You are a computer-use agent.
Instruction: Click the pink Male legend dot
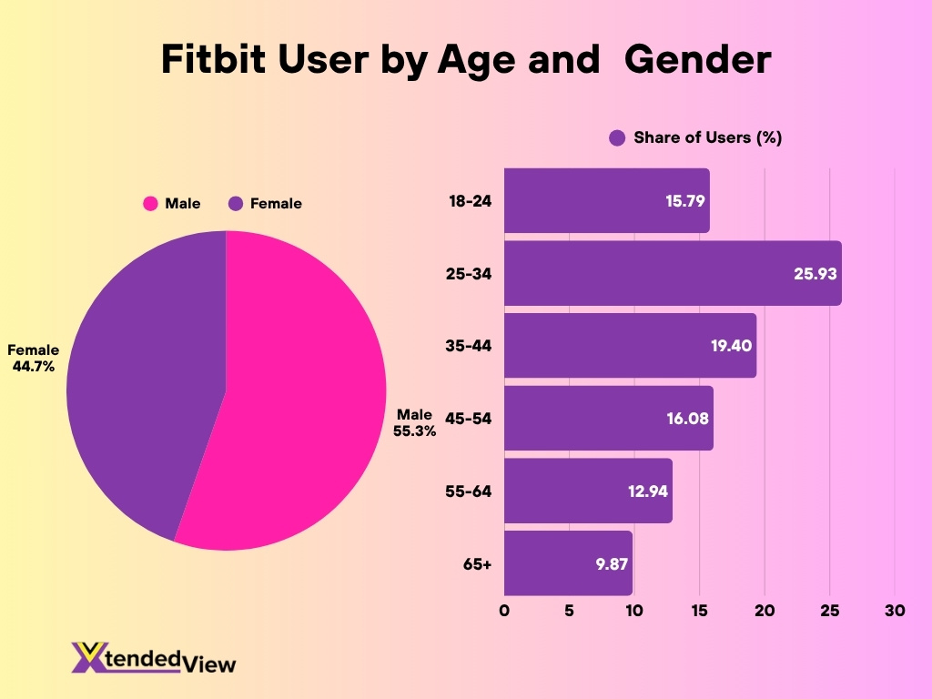point(150,204)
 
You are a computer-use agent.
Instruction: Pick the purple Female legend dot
point(236,204)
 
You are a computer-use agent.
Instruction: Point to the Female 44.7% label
point(34,358)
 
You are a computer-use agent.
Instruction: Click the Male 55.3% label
point(414,423)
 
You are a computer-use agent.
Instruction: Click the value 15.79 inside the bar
point(685,201)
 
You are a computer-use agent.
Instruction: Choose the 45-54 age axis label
point(470,419)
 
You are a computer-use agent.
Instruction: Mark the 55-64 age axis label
point(470,491)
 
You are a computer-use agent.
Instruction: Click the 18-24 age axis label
point(470,201)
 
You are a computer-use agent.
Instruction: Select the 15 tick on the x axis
point(699,612)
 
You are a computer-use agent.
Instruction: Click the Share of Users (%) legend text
point(707,137)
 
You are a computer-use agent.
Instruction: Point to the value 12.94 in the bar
point(648,491)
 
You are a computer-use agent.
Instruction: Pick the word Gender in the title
point(698,60)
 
